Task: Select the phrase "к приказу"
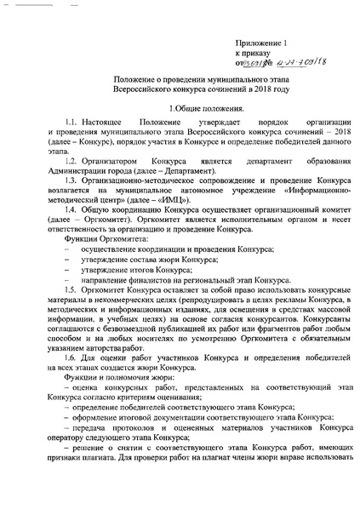point(254,50)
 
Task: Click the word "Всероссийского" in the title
point(142,89)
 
